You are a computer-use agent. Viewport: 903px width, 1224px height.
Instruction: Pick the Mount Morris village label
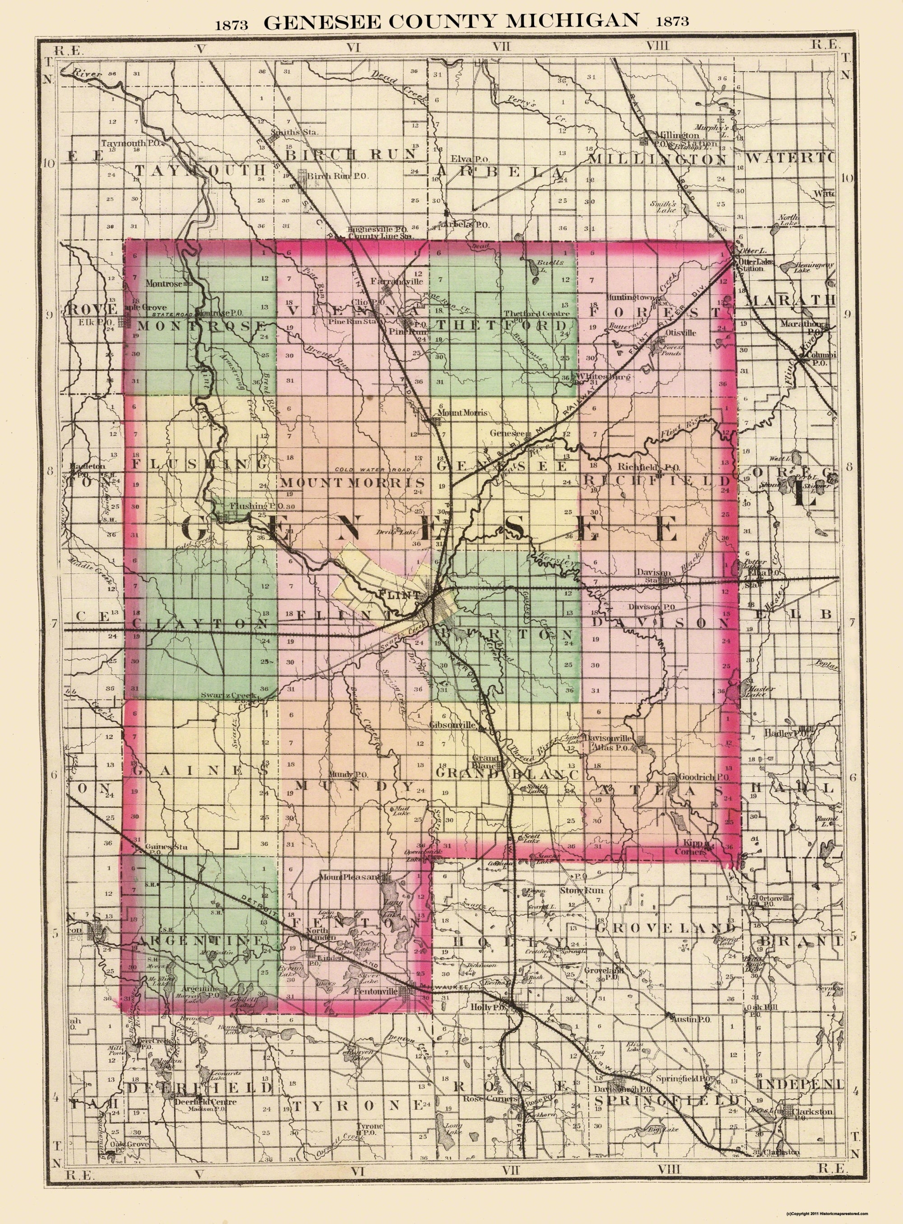coord(462,413)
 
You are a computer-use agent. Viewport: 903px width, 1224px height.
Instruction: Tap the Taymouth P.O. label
coord(126,143)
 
